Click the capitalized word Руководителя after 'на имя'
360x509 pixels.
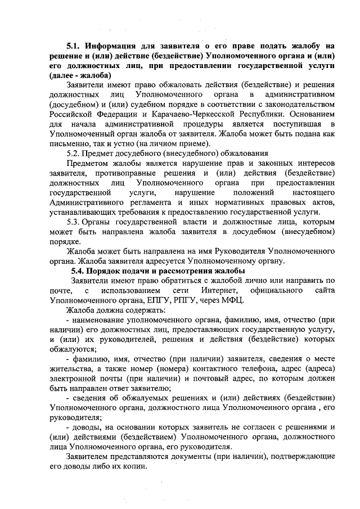[239, 251]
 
